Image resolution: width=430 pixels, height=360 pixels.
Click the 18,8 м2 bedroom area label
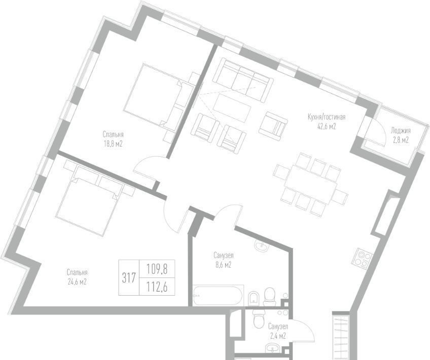click(113, 144)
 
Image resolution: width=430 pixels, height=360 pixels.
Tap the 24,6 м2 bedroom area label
click(77, 282)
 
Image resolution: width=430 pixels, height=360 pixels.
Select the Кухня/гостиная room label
click(327, 117)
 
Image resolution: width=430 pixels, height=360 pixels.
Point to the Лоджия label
click(401, 130)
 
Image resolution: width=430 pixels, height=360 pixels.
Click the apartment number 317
click(129, 278)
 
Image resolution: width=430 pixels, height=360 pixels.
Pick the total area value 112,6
click(157, 287)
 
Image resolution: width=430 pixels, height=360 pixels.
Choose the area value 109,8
click(157, 269)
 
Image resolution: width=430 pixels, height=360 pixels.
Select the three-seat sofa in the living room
click(243, 80)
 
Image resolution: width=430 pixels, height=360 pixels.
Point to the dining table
click(310, 184)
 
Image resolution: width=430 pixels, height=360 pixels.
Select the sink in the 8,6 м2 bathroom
click(262, 245)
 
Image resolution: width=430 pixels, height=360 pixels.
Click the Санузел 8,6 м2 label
click(224, 260)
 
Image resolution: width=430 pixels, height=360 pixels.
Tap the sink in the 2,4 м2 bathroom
click(272, 348)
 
